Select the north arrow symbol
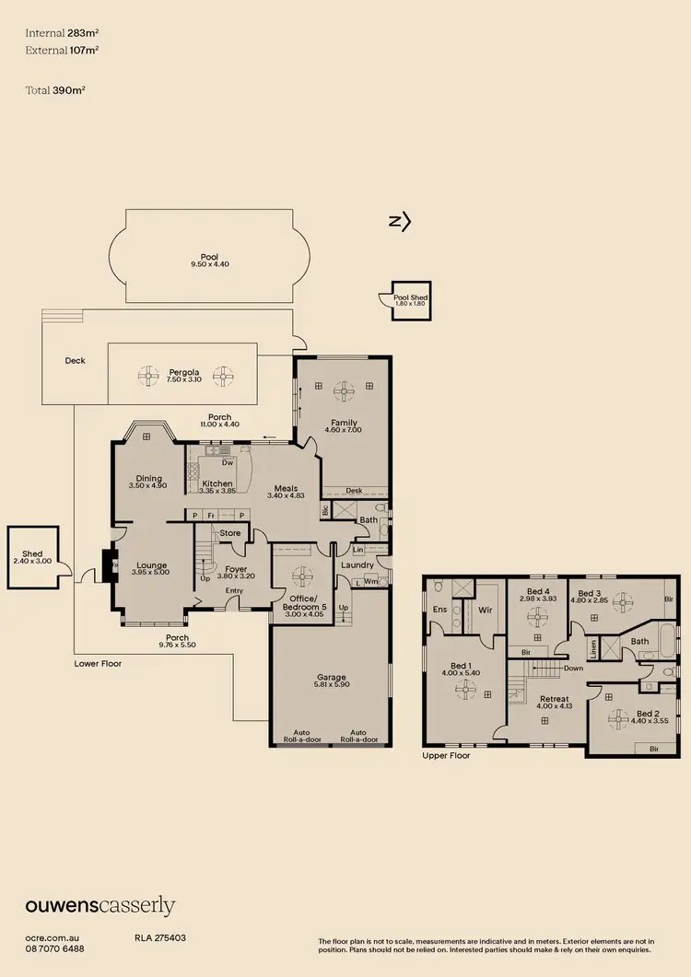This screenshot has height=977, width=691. [399, 221]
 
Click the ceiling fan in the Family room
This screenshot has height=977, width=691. [345, 391]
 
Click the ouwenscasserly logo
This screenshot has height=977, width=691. [100, 906]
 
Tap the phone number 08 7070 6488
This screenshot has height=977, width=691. [54, 948]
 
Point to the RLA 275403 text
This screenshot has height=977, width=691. [160, 937]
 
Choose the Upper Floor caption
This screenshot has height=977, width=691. [446, 755]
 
